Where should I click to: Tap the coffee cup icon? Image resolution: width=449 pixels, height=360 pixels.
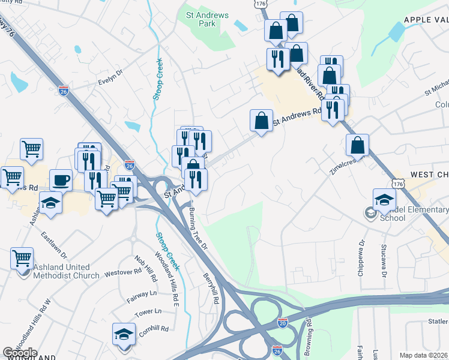click(x=61, y=179)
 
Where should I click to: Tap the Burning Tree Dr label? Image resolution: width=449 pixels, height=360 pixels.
click(x=197, y=229)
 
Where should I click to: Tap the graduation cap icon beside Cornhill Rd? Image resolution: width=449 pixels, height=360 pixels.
click(x=124, y=333)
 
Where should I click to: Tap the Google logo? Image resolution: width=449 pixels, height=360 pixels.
click(x=20, y=353)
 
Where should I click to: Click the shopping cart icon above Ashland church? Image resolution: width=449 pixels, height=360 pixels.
click(x=22, y=259)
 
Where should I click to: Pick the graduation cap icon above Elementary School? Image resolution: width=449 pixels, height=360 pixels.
click(x=384, y=199)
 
